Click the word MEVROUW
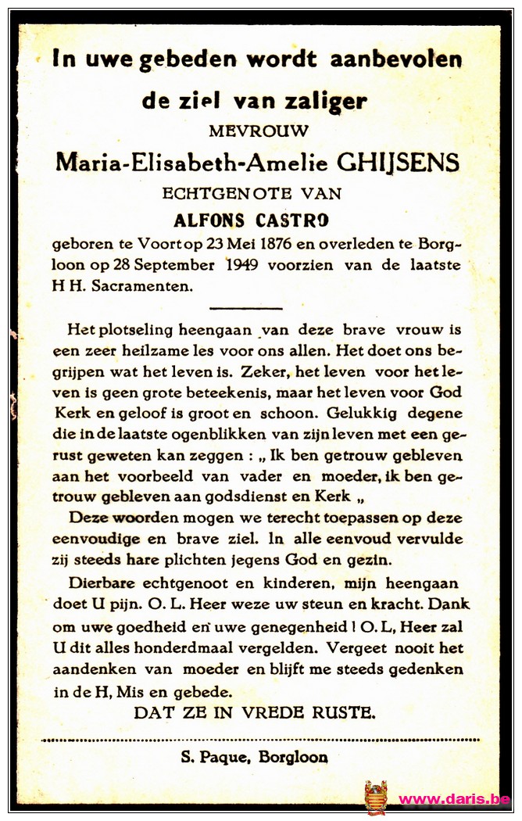click(x=258, y=131)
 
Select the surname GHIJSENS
click(x=398, y=163)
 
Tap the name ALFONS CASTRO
click(x=257, y=220)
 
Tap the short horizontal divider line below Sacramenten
click(x=246, y=309)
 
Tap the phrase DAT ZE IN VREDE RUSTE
click(x=254, y=712)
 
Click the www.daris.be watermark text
click(x=454, y=799)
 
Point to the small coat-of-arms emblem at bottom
click(x=376, y=798)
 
